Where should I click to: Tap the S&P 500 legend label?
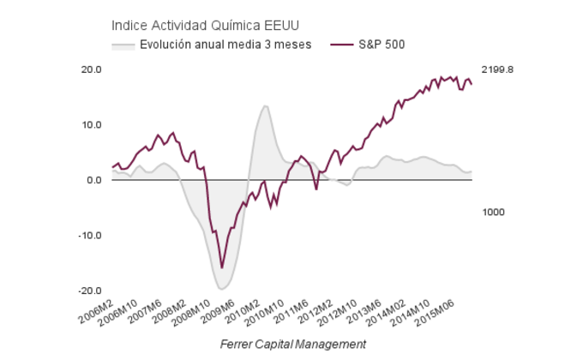click(x=382, y=44)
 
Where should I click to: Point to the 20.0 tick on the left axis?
click(x=91, y=69)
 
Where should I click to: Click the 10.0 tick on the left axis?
click(x=91, y=125)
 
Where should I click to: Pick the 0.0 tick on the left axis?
click(x=94, y=180)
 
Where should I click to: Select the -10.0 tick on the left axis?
click(x=90, y=236)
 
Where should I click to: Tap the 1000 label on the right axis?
click(x=493, y=212)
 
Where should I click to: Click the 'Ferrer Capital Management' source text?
click(x=292, y=344)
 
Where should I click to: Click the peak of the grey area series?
click(x=266, y=105)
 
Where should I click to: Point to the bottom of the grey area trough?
click(x=222, y=289)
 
